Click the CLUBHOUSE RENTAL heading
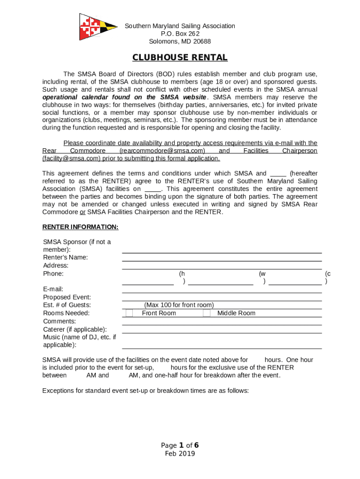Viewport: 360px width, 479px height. pos(180,58)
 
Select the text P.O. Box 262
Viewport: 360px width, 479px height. pos(180,34)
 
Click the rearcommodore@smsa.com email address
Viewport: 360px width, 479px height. pos(162,151)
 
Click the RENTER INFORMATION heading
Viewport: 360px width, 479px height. pos(80,227)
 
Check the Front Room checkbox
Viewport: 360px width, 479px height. pos(129,313)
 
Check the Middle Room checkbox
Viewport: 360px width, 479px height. pos(207,313)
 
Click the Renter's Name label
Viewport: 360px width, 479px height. pos(65,257)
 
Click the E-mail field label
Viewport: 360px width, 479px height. pos(53,289)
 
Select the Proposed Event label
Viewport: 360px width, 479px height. pos(67,297)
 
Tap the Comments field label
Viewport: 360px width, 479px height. pos(59,321)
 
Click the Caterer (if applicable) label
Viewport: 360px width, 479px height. pos(75,329)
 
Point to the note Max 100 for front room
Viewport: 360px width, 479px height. pos(179,305)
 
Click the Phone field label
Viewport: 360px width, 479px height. pos(53,274)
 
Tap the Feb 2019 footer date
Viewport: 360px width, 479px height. pos(180,454)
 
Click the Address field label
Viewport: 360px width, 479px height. pos(56,266)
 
